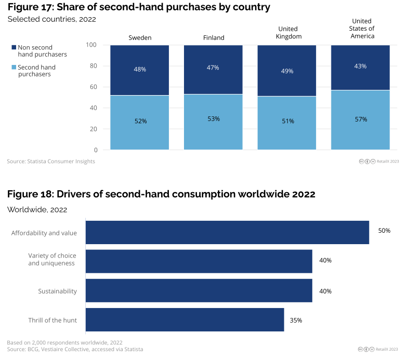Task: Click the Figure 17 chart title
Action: [x=139, y=7]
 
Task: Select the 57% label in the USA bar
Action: [x=361, y=119]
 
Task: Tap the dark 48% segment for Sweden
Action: [x=140, y=70]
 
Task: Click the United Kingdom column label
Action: [x=287, y=33]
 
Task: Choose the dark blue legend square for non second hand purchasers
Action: [x=14, y=47]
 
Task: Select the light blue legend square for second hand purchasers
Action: [x=14, y=68]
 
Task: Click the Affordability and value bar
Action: [x=227, y=232]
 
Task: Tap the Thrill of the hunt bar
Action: [x=185, y=319]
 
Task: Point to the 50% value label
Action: [x=384, y=231]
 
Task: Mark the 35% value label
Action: [x=296, y=320]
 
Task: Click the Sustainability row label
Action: [x=57, y=291]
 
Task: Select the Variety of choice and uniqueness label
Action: [x=51, y=259]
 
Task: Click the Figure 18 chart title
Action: [x=161, y=194]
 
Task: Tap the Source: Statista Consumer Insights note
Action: [x=51, y=162]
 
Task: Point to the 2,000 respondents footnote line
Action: [x=64, y=343]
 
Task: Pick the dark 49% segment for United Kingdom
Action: [x=287, y=70]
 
